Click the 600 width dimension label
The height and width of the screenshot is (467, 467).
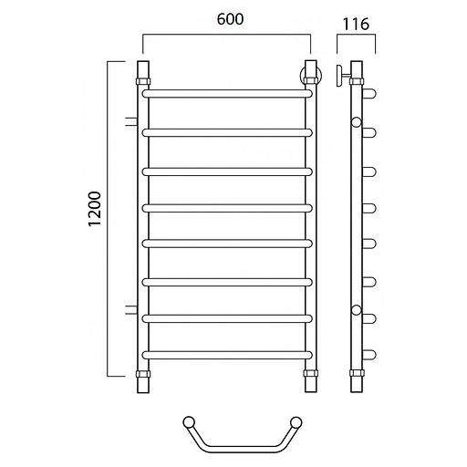point(230,19)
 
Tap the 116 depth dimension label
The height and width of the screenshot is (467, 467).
point(356,24)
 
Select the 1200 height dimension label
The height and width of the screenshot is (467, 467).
point(94,209)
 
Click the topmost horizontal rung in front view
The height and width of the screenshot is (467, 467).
point(227,94)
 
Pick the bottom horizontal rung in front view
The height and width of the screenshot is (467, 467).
point(227,355)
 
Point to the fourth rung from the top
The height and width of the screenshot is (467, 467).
point(227,208)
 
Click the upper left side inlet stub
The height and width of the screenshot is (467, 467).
point(131,121)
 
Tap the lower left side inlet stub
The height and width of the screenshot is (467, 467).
point(131,309)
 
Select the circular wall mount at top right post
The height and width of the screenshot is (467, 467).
point(311,76)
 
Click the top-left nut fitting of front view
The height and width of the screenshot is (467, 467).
point(143,81)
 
